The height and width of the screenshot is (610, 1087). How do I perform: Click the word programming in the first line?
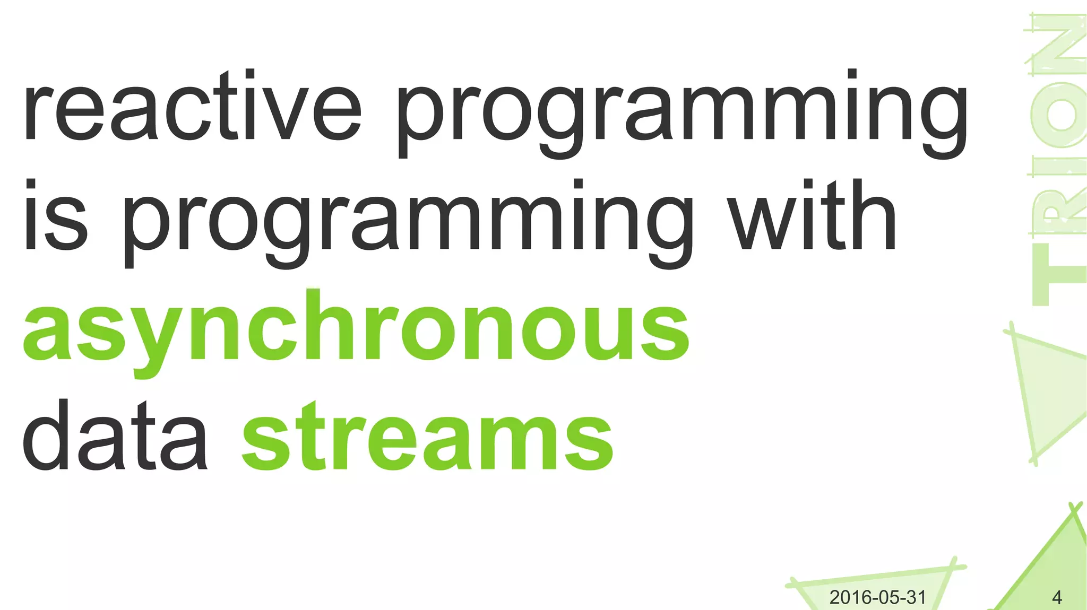[682, 114]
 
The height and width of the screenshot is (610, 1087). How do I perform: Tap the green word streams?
[427, 438]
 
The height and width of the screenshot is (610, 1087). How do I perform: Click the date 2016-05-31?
[877, 597]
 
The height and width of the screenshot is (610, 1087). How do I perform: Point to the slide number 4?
[1056, 598]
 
